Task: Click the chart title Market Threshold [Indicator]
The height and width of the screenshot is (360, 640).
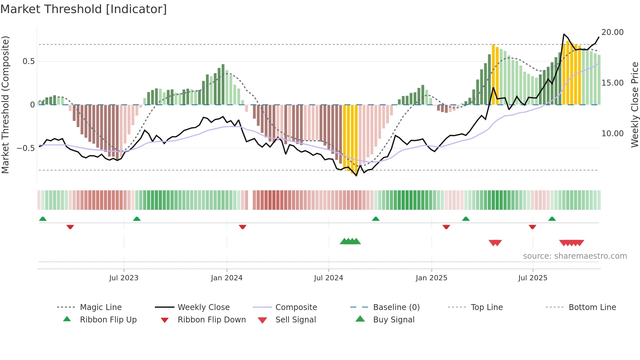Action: pyautogui.click(x=84, y=9)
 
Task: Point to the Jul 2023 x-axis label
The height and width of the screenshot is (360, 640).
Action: pyautogui.click(x=124, y=278)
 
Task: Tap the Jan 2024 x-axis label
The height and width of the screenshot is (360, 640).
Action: pyautogui.click(x=227, y=278)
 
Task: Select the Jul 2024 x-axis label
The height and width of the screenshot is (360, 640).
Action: pyautogui.click(x=328, y=278)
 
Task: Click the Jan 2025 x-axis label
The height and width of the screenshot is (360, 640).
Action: pyautogui.click(x=431, y=278)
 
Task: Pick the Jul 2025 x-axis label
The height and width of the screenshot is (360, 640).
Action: pyautogui.click(x=533, y=278)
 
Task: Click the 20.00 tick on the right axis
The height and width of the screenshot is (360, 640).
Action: pyautogui.click(x=612, y=32)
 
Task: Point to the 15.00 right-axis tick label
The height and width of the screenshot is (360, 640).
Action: pyautogui.click(x=612, y=83)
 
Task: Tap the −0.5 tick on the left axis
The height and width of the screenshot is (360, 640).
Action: pyautogui.click(x=26, y=148)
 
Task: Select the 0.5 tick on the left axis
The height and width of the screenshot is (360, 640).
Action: pyautogui.click(x=28, y=61)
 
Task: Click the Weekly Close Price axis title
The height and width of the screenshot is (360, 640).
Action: pyautogui.click(x=634, y=105)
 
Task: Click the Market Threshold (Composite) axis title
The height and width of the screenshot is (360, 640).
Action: pyautogui.click(x=5, y=105)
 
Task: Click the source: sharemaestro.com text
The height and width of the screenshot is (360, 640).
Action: pyautogui.click(x=575, y=256)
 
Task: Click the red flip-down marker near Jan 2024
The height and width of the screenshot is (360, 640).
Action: pyautogui.click(x=242, y=227)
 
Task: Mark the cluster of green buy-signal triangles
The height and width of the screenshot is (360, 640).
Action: pyautogui.click(x=350, y=241)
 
